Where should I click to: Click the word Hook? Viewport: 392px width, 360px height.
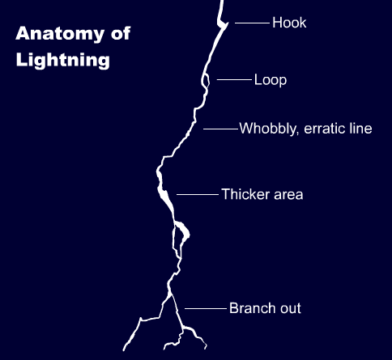tap(289, 23)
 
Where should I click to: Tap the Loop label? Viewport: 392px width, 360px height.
tap(271, 80)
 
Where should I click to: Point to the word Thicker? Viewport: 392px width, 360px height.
tap(244, 194)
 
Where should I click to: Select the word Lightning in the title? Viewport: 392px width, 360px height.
tap(62, 60)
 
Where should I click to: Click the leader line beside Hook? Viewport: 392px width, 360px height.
tap(252, 23)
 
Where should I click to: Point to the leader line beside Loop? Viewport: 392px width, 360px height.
tap(234, 80)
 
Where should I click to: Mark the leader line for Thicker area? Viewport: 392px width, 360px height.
tap(197, 194)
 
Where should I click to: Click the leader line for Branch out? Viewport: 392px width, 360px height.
tap(205, 308)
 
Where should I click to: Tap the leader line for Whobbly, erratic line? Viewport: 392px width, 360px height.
tap(220, 129)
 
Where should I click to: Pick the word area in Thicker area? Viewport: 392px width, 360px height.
tap(288, 194)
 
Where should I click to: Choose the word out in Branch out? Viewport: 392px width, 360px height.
tap(289, 308)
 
